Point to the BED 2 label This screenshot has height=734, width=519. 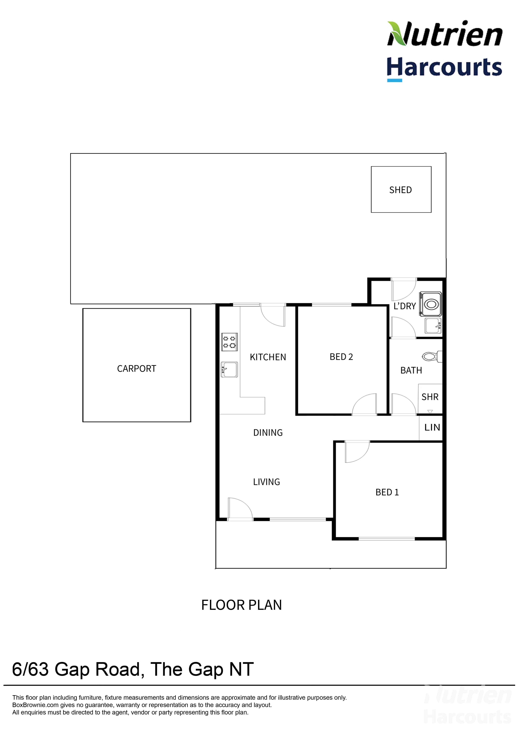click(341, 357)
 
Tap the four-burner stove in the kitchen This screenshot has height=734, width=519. click(230, 342)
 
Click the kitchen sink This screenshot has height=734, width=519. click(229, 370)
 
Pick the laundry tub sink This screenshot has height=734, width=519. click(433, 326)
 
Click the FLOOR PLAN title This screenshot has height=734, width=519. click(242, 605)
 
